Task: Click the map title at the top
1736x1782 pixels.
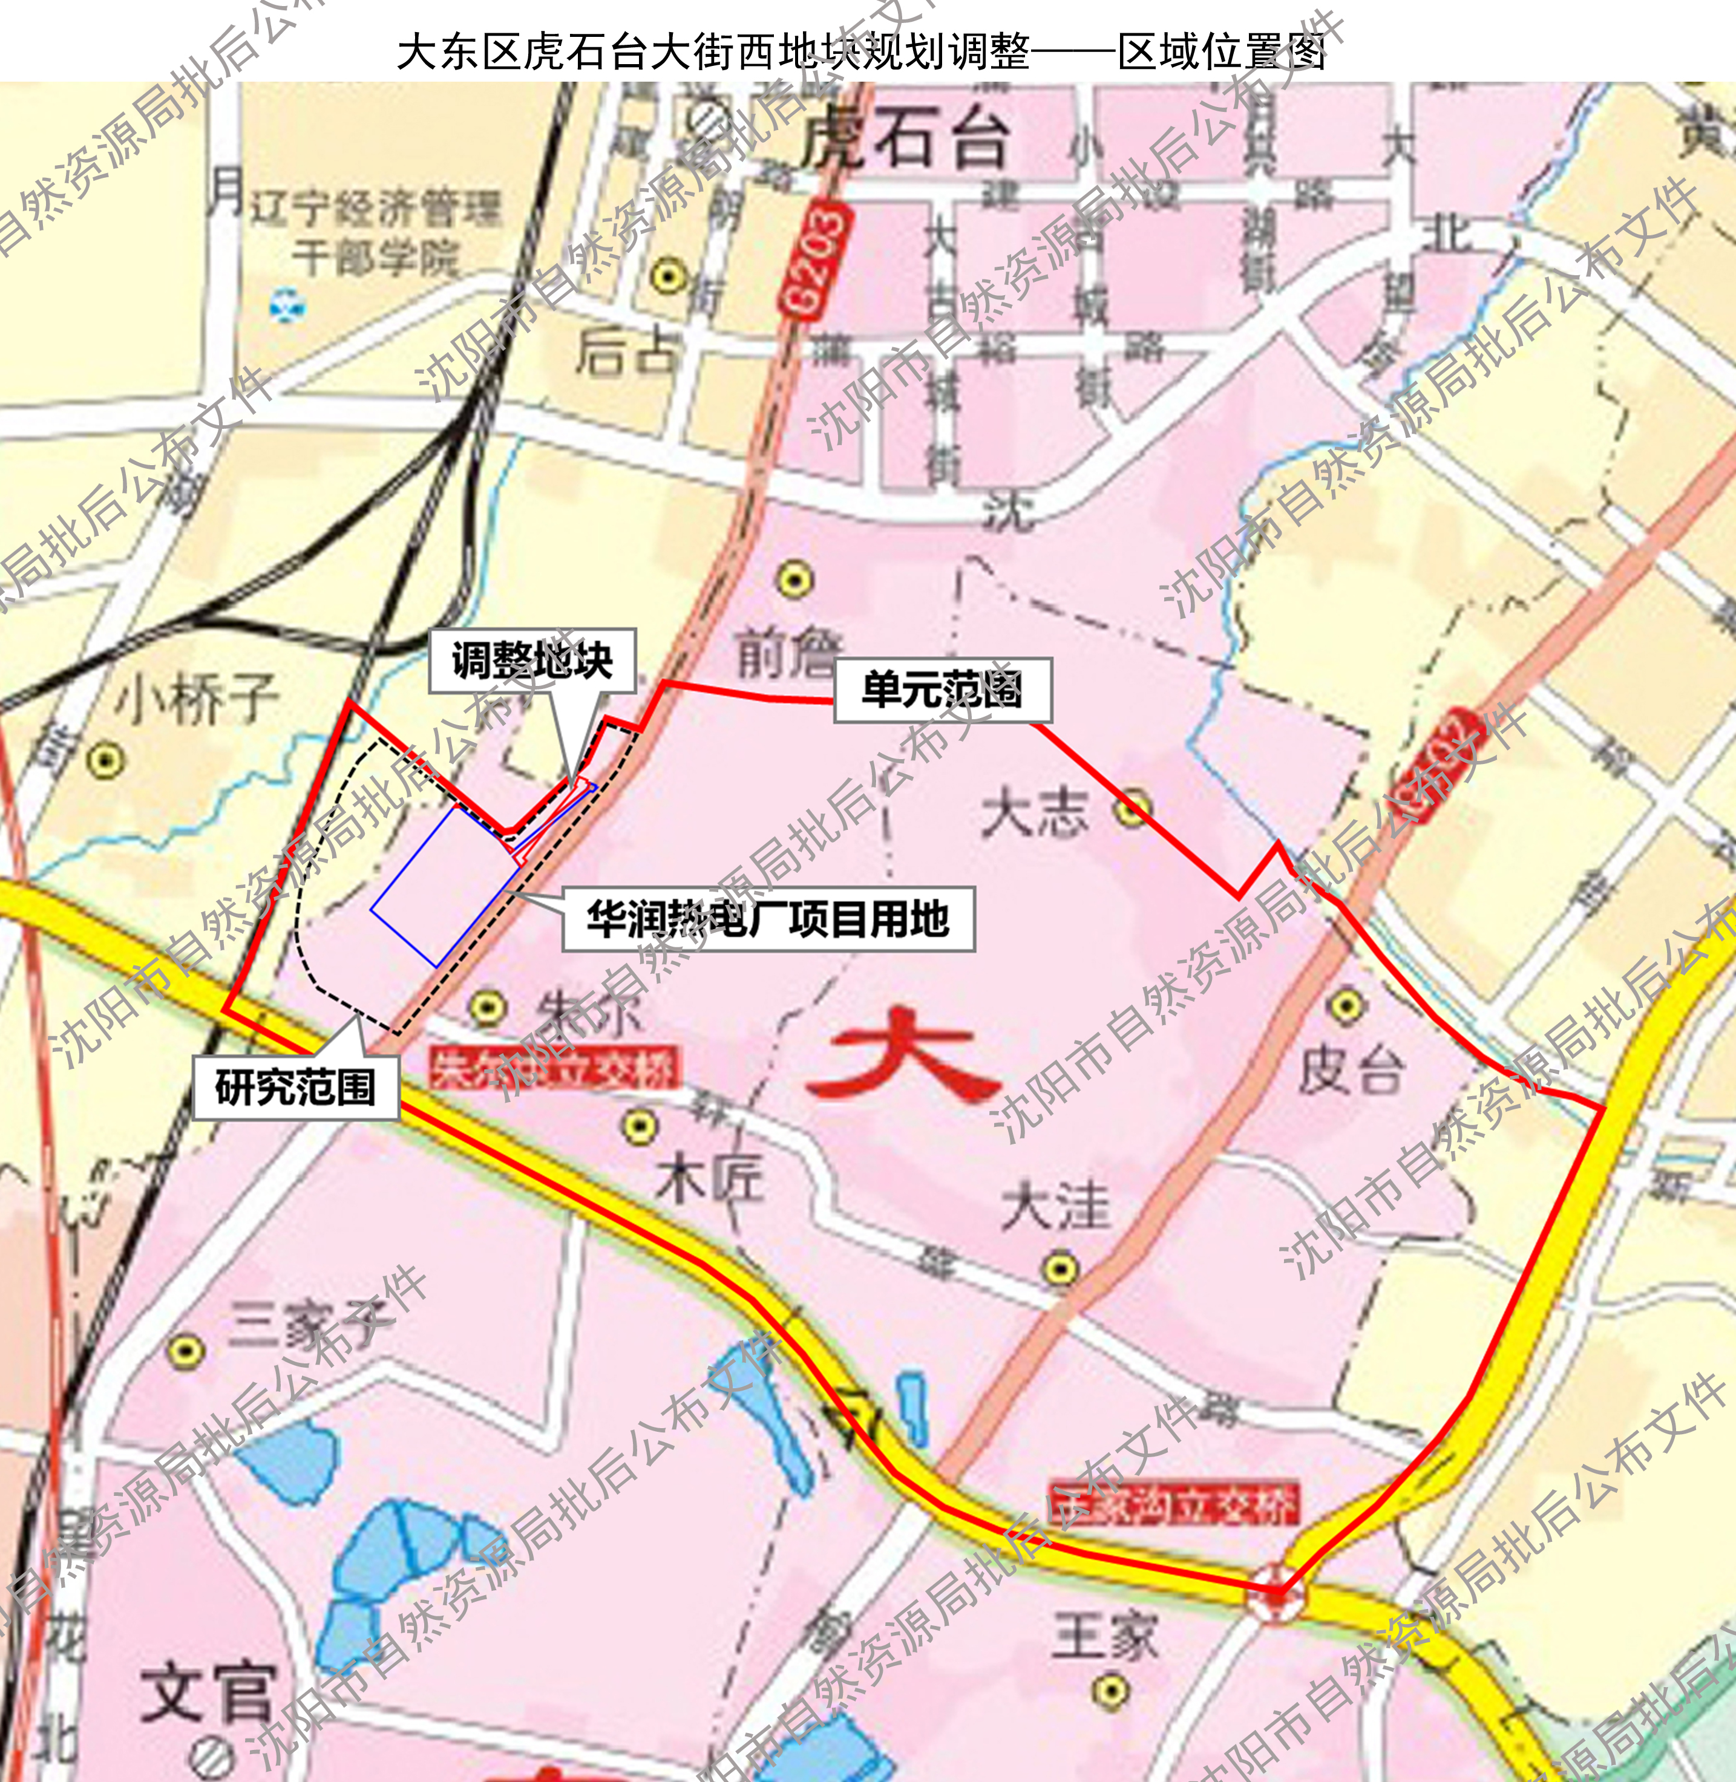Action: click(860, 52)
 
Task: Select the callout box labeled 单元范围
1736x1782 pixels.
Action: click(943, 690)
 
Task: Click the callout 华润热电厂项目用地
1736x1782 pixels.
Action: click(768, 919)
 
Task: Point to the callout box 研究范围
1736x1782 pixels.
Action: click(295, 1088)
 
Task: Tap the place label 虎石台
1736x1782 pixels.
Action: click(905, 140)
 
